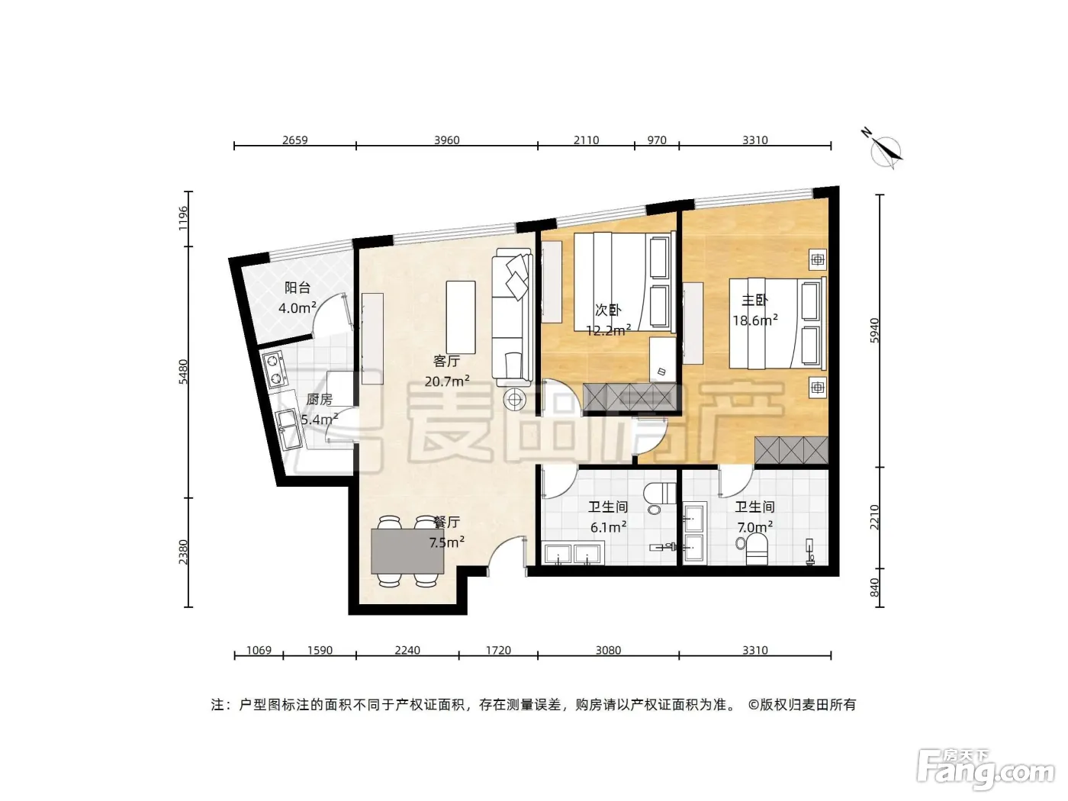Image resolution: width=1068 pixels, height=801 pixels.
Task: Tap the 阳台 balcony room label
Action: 298,288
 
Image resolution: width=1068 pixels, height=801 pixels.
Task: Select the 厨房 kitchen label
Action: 319,399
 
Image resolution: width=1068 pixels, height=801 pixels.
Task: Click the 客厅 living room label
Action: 446,361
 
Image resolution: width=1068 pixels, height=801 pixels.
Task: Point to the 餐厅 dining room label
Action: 446,523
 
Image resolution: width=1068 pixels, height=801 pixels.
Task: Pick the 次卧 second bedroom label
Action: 608,310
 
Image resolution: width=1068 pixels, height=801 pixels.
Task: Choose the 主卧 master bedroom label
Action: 754,300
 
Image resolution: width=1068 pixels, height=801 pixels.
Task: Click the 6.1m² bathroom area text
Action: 608,527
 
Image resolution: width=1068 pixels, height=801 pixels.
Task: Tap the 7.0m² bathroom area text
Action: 755,527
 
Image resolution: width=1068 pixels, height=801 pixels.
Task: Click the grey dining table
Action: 407,552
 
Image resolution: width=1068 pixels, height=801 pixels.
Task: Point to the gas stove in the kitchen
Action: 274,369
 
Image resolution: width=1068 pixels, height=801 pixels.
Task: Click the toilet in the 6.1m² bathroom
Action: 660,494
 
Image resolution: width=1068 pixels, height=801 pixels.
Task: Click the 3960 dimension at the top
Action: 447,140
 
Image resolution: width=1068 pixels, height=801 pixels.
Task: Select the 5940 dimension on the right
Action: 874,331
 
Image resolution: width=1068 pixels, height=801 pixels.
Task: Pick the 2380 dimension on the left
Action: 183,552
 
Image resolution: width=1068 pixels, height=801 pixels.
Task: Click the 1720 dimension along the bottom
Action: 498,650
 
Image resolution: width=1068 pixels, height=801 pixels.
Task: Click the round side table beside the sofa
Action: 515,400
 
